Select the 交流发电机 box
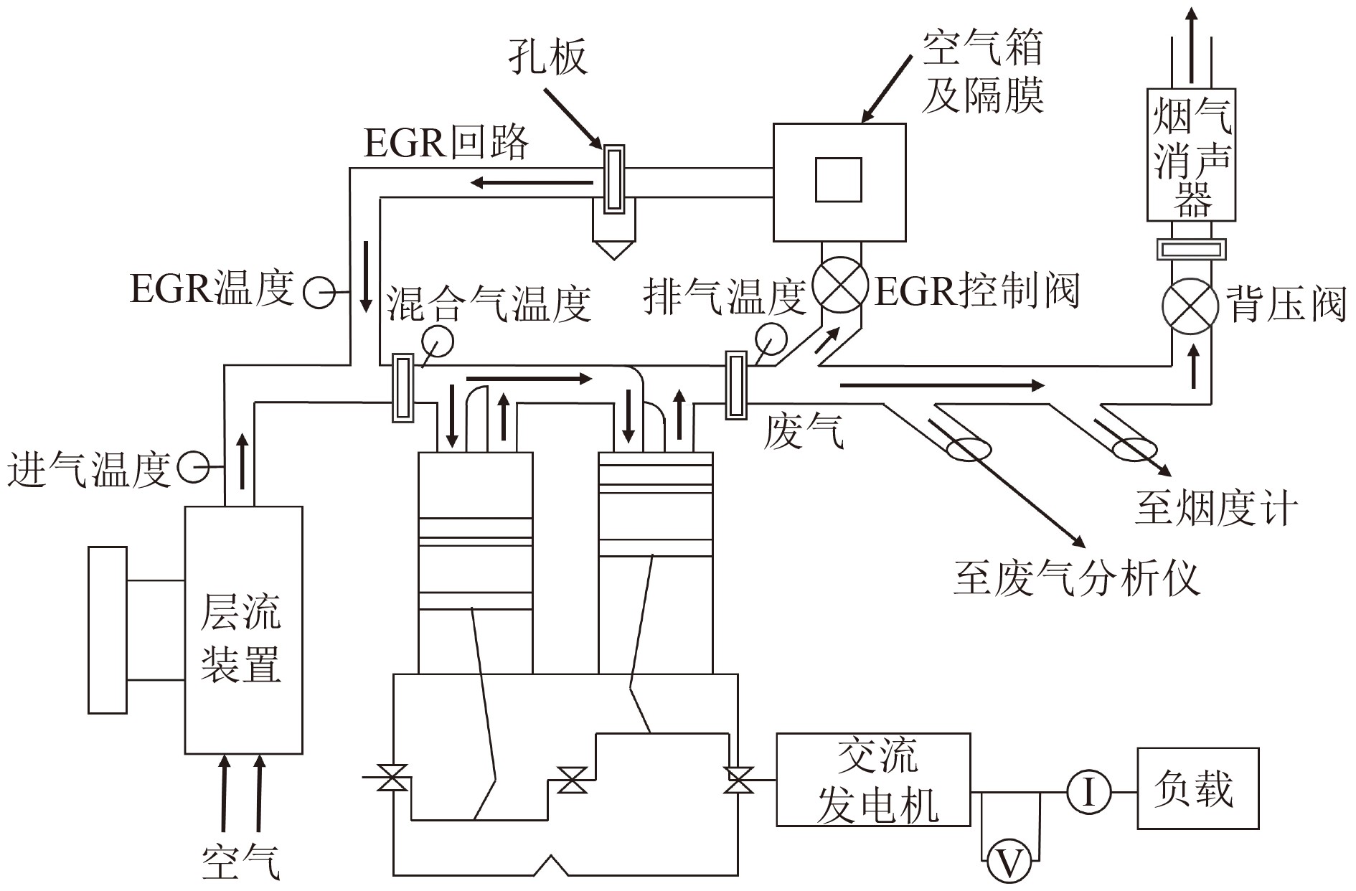[873, 779]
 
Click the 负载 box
[1197, 788]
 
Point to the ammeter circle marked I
[1088, 793]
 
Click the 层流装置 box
[243, 630]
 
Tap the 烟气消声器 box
[1191, 154]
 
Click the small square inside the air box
[838, 180]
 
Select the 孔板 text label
[548, 56]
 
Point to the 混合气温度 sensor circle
[438, 341]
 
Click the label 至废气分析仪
[1076, 577]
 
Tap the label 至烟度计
[1217, 508]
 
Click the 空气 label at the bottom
[241, 861]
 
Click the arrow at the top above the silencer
[1191, 43]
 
